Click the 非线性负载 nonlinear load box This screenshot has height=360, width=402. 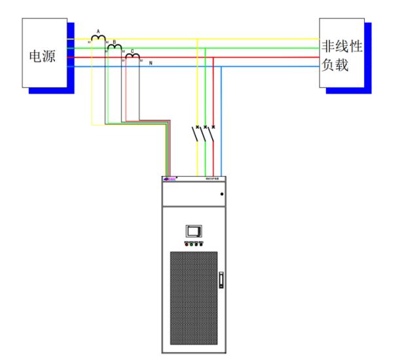341,55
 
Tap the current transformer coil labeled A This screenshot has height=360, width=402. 98,38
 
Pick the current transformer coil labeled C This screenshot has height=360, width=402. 132,56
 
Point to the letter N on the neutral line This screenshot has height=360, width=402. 151,63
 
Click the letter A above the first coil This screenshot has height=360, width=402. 98,31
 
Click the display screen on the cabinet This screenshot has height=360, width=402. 194,230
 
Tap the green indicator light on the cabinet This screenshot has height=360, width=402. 192,243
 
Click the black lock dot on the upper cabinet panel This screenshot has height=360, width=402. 223,194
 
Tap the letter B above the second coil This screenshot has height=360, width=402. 115,41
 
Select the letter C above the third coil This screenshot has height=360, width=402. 132,49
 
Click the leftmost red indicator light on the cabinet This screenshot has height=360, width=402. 187,243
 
